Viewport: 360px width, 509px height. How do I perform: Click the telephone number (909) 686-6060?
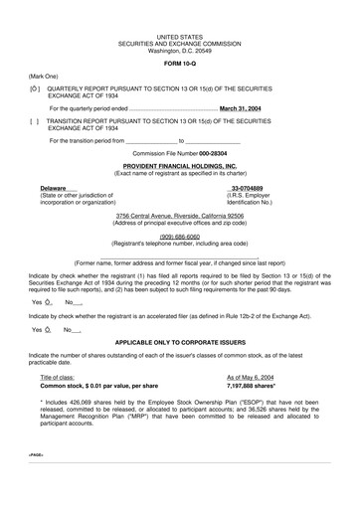180,237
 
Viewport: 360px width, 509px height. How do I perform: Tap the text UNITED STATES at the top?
180,35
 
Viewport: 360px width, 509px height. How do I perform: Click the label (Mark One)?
43,76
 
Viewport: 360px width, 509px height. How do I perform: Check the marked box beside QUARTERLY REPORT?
35,88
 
